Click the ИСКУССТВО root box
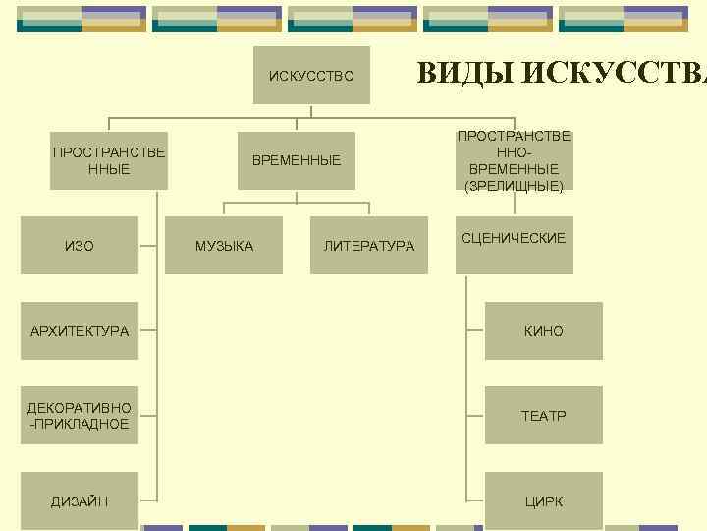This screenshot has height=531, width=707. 311,75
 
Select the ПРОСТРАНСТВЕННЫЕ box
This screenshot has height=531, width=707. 109,160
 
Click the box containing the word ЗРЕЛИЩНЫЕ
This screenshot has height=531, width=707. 514,160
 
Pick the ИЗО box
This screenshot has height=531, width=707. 80,246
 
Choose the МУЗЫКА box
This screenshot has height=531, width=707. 224,246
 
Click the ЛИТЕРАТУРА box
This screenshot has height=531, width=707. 369,246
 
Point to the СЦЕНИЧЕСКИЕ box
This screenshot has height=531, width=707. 514,239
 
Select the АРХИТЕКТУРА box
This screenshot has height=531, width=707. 80,331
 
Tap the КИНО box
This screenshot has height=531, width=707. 543,331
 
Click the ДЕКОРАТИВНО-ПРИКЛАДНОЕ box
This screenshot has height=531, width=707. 80,416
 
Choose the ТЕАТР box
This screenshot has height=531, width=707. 543,416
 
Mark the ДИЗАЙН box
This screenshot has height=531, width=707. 80,501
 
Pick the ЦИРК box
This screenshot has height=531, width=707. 543,501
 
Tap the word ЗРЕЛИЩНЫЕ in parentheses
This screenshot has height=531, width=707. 514,185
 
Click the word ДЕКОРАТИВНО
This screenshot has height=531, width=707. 80,408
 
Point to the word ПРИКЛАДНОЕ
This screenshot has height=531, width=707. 82,424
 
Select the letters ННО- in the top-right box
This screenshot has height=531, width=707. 514,152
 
